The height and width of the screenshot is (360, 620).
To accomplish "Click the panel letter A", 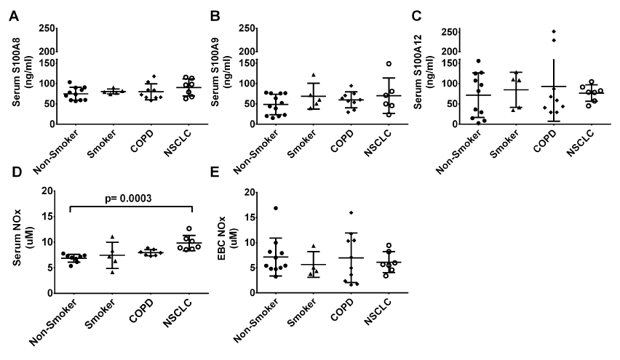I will [x=12, y=17].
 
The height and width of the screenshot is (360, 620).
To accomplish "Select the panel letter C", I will [x=417, y=17].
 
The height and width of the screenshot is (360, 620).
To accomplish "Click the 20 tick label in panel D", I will [x=49, y=191].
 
